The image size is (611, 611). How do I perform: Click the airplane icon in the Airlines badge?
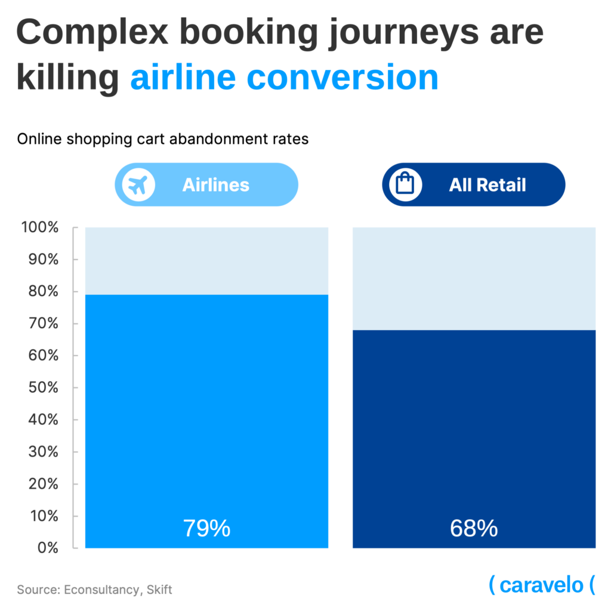[138, 185]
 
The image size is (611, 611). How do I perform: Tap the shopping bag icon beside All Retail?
[406, 185]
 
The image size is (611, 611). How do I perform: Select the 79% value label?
[206, 528]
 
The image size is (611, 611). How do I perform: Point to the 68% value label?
[474, 528]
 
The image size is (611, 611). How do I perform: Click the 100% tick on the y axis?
[40, 227]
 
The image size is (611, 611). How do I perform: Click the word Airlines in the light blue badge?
[215, 185]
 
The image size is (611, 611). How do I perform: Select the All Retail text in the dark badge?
[487, 185]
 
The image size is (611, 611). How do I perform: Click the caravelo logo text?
[541, 585]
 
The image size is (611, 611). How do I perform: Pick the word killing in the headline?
[67, 78]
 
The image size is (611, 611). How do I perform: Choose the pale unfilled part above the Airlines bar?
[206, 261]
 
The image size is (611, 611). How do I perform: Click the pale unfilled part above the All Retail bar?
[474, 278]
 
